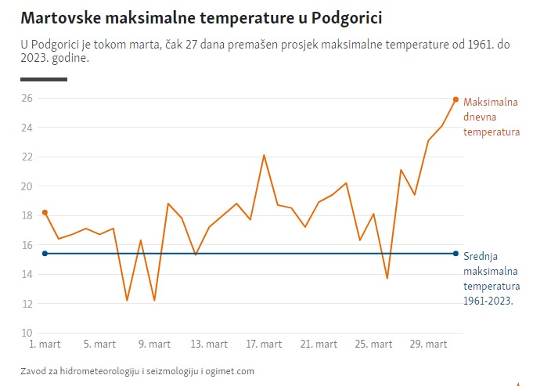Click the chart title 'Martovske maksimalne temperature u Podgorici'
(x=201, y=16)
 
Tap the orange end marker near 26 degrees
(x=456, y=99)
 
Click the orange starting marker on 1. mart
(x=45, y=212)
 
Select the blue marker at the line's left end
(x=45, y=253)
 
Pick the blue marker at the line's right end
(x=456, y=253)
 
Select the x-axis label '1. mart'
(x=45, y=345)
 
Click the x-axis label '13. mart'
(x=209, y=345)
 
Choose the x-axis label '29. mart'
(x=428, y=345)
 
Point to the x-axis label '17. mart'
(x=264, y=345)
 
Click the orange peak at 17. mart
(x=264, y=155)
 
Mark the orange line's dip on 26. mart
(x=387, y=278)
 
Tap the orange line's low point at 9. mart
(x=154, y=300)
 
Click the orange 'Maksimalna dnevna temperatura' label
(x=492, y=117)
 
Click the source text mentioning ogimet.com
(x=137, y=371)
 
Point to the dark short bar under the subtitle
(x=44, y=79)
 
